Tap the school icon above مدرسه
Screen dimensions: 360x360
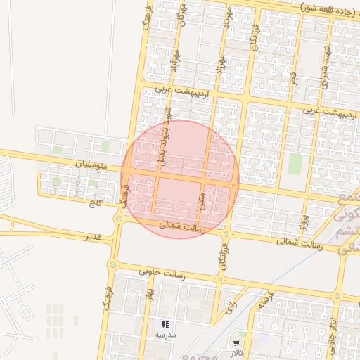coord(165,324)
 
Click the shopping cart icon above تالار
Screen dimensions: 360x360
coord(235,343)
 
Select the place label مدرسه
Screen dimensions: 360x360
coord(165,336)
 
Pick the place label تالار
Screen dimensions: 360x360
coord(235,354)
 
